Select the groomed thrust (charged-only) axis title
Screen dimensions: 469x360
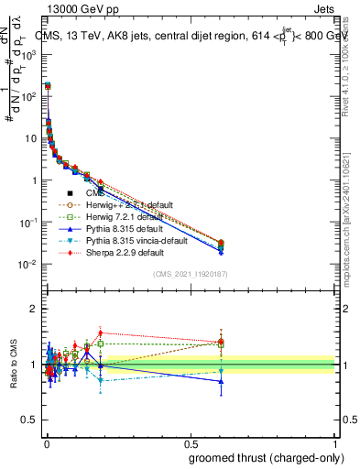pos(266,458)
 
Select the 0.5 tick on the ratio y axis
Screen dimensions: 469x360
pos(33,420)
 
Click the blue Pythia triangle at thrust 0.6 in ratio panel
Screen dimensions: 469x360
pos(221,381)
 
